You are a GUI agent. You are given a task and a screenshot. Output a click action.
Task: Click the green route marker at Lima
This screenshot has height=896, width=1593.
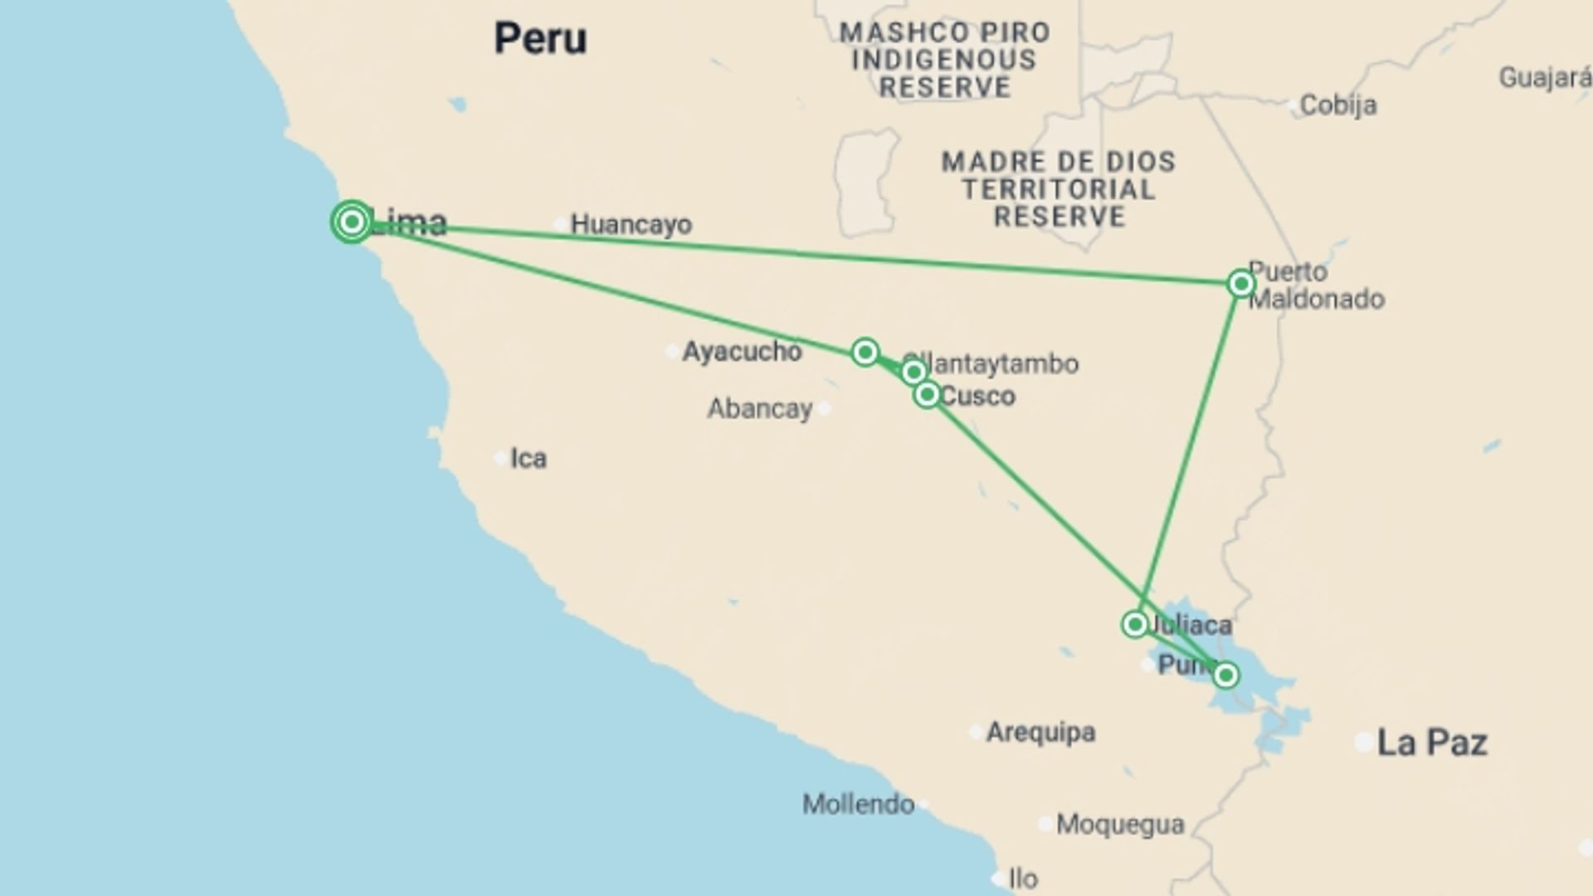(x=352, y=222)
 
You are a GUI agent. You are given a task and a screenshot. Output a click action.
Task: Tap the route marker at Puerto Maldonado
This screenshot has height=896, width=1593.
(x=1240, y=284)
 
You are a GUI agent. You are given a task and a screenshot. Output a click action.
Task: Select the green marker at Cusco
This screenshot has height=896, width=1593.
(x=927, y=394)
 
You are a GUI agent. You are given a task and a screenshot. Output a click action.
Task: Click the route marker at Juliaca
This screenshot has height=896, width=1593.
(x=1134, y=624)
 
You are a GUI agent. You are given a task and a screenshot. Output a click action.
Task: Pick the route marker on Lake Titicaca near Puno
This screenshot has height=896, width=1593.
(x=1225, y=675)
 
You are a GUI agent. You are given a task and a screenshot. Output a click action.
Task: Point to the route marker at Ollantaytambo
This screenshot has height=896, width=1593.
(x=913, y=372)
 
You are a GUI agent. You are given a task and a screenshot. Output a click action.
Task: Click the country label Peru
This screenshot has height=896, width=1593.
(x=540, y=38)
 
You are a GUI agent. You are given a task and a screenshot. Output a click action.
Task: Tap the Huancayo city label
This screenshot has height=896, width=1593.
(x=631, y=224)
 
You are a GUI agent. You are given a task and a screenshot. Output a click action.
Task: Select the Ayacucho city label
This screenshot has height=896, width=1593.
(x=742, y=352)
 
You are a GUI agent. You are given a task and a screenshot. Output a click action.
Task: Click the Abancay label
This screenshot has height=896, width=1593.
(x=760, y=409)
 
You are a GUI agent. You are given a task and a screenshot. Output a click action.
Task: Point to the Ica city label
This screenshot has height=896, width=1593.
(x=528, y=459)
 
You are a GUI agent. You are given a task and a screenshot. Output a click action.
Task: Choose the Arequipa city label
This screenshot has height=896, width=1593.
(x=1040, y=733)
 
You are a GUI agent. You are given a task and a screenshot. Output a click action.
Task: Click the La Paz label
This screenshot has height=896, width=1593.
(x=1432, y=743)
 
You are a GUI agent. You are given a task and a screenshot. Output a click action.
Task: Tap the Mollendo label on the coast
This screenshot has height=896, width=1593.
(x=858, y=804)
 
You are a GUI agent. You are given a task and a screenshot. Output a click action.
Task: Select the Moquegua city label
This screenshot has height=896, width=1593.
(x=1120, y=825)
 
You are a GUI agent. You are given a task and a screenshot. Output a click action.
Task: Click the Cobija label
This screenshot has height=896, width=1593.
(x=1337, y=105)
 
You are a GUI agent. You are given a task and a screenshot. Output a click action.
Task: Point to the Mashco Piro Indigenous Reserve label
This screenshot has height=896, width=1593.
(x=944, y=60)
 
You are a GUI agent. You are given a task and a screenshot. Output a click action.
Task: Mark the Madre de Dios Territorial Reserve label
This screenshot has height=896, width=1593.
(x=1059, y=189)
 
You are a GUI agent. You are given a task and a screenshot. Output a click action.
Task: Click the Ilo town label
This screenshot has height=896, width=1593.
(x=1022, y=879)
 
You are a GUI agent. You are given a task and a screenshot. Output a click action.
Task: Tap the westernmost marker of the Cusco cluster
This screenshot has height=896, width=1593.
(x=865, y=352)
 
